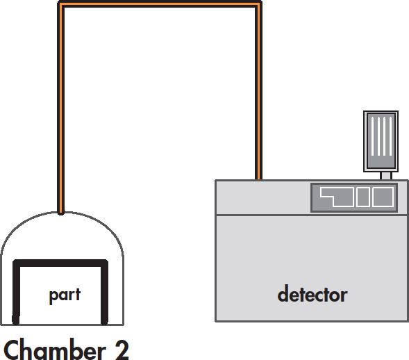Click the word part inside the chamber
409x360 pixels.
tap(65, 295)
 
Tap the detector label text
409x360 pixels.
tap(312, 294)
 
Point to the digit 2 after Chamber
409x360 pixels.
tap(121, 350)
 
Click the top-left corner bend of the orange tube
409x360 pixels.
tap(61, 4)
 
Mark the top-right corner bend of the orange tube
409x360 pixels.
tap(258, 4)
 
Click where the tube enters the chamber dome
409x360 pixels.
tap(61, 213)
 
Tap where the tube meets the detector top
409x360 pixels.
tap(258, 179)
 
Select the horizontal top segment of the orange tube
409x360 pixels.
tap(160, 4)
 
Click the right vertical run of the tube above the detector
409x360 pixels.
tap(258, 91)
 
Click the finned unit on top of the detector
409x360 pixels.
tap(381, 141)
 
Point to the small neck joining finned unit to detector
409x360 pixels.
tap(386, 176)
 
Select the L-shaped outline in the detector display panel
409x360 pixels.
tap(337, 197)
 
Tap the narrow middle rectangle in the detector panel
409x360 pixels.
tap(363, 197)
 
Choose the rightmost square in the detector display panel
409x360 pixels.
tap(383, 197)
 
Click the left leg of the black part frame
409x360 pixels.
tap(16, 293)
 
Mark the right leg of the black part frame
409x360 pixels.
tap(104, 293)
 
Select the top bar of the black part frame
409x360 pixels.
tap(60, 263)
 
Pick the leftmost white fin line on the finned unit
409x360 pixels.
tap(372, 136)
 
